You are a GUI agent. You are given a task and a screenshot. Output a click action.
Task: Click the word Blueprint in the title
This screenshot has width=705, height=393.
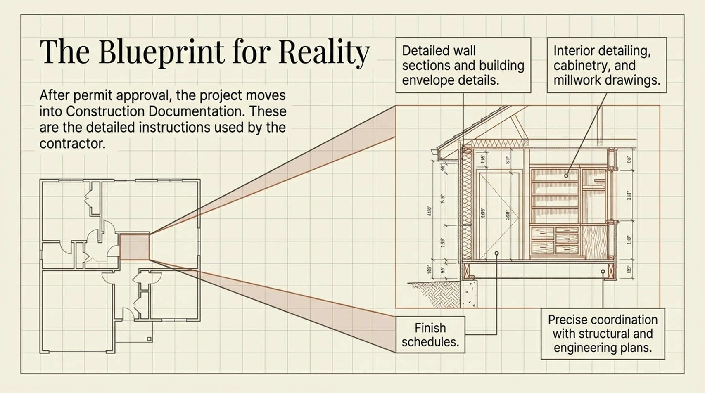coord(161,53)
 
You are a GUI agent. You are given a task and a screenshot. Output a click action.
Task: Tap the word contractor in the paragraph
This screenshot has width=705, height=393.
coord(72,143)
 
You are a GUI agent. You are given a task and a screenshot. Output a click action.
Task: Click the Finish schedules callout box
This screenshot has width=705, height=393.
coord(430,335)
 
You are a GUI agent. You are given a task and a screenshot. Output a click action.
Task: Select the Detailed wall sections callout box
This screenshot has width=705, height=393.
coord(463,65)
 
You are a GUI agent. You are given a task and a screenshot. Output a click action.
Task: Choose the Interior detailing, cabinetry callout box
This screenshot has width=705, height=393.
coord(606,65)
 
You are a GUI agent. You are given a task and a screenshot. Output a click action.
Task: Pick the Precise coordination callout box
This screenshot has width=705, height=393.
coord(603,334)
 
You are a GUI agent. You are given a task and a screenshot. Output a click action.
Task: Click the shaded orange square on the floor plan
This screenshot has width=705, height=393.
coord(134,247)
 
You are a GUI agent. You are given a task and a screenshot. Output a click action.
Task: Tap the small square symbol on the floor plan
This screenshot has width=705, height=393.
coord(150,339)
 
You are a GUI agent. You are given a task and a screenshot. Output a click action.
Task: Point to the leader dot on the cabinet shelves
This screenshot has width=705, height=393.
coord(566,175)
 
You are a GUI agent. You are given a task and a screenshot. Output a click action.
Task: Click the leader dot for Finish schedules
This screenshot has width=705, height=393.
coord(496,253)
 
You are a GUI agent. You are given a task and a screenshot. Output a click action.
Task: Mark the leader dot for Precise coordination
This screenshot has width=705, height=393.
coord(603,272)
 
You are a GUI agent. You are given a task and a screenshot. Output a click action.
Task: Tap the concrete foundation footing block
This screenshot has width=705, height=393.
coord(468,294)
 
